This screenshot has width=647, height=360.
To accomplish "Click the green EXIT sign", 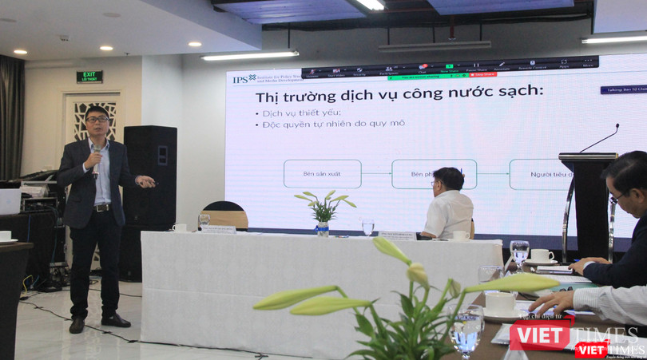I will click(x=89, y=77).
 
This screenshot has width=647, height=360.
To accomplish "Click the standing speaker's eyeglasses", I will click(x=97, y=120).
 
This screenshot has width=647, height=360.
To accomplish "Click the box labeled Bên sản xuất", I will click(x=322, y=173).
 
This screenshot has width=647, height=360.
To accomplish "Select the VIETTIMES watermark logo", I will click(x=575, y=337).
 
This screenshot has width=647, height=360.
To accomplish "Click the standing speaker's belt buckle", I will click(x=101, y=207).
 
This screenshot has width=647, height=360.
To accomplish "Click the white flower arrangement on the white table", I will click(x=323, y=209).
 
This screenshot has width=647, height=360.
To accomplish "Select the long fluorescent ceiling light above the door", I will click(x=249, y=56).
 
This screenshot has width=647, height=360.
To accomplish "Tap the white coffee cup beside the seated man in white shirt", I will click(x=461, y=235).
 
